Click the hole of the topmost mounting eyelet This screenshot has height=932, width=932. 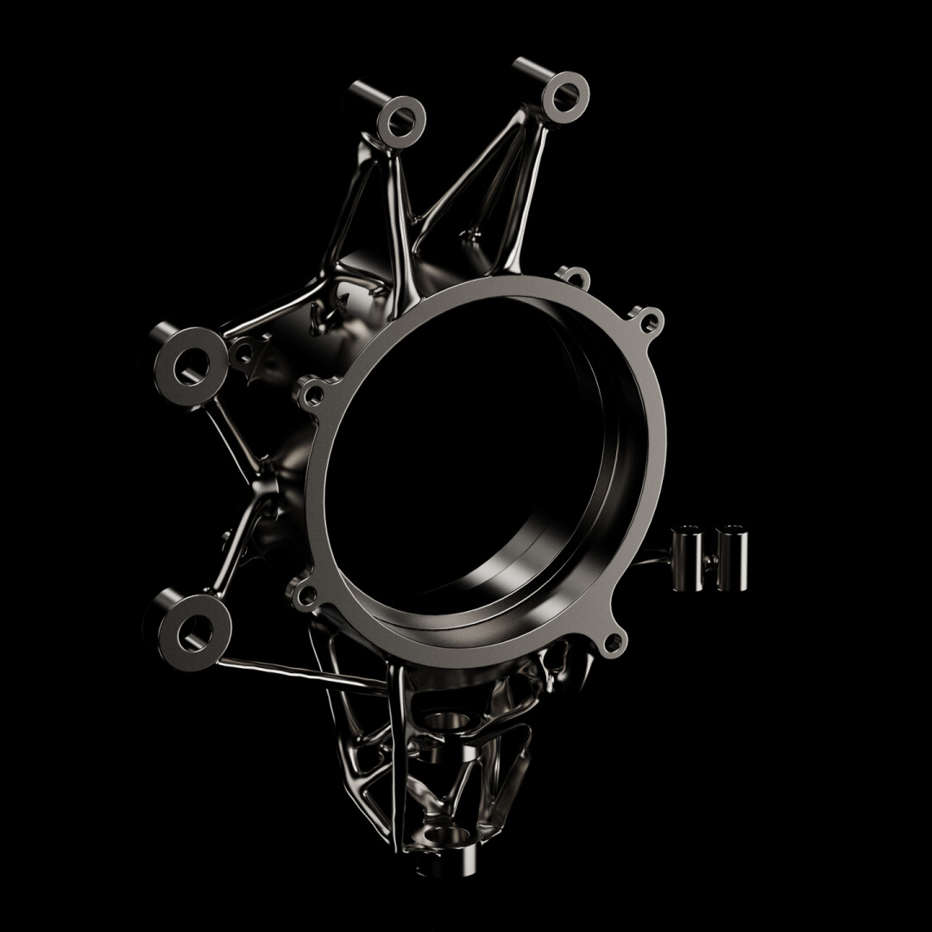565,89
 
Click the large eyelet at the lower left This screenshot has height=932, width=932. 194,632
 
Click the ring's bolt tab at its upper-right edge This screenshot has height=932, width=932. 650,321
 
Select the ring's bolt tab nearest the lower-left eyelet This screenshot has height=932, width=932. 303,593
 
